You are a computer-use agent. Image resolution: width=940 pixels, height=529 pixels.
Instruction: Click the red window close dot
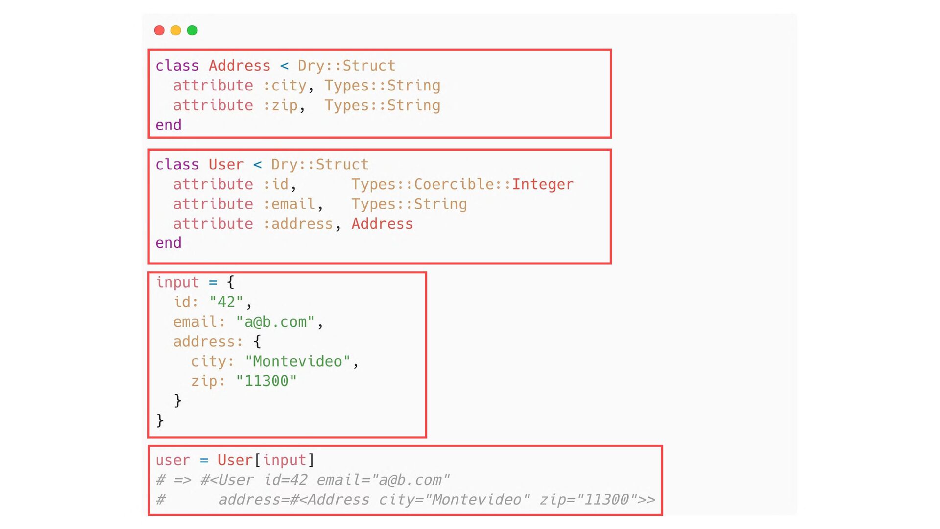click(x=159, y=30)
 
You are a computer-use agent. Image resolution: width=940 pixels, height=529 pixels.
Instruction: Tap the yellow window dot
click(x=176, y=30)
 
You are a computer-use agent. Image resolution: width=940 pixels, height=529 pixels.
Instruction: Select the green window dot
click(x=192, y=30)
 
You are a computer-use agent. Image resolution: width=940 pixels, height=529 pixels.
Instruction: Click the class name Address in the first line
click(x=239, y=66)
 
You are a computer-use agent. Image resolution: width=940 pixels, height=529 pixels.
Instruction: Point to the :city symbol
click(x=285, y=86)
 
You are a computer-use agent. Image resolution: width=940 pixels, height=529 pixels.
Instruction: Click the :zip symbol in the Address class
click(x=281, y=105)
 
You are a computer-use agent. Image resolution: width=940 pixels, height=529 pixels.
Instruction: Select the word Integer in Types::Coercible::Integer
click(x=542, y=184)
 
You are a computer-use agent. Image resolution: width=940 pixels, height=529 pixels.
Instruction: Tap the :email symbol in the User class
click(x=289, y=204)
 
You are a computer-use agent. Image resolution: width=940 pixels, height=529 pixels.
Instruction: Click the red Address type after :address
click(x=382, y=224)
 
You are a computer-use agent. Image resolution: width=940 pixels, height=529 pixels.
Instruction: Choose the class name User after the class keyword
click(x=226, y=165)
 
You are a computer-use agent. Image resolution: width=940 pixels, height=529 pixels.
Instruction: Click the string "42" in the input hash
click(x=226, y=302)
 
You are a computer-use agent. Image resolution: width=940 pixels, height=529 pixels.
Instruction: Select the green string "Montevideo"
click(x=297, y=361)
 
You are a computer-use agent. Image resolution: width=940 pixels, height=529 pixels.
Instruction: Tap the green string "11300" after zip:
click(x=266, y=381)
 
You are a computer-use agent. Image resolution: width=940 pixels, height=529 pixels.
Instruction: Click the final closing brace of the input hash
click(x=160, y=420)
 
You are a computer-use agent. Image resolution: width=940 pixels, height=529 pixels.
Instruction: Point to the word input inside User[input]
click(x=284, y=460)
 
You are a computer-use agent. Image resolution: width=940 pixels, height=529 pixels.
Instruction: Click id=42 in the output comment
click(x=285, y=480)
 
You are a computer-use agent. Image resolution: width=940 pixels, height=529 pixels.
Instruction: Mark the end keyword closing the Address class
click(x=168, y=125)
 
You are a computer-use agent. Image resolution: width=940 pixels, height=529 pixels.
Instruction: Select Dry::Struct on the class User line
click(x=319, y=165)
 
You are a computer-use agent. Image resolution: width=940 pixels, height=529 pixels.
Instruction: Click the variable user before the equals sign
click(x=172, y=460)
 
